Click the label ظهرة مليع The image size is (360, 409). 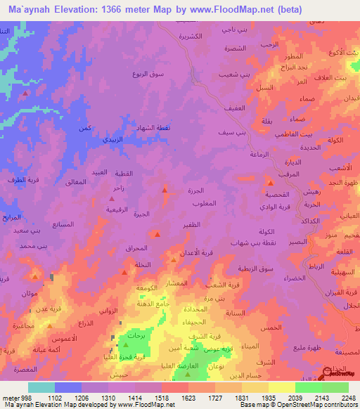point(290,346)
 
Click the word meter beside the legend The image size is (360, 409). point(10,397)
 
